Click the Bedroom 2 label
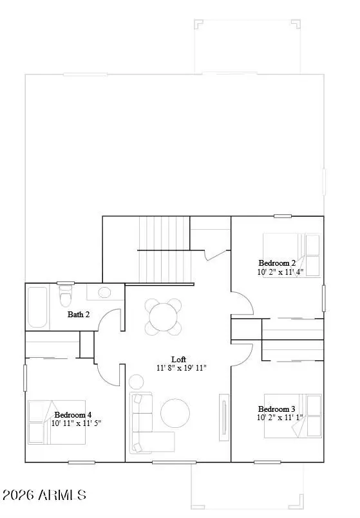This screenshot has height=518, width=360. pos(277,263)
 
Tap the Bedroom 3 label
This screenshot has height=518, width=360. pos(276,409)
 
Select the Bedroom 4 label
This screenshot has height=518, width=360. pos(73,414)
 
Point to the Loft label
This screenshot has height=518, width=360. pos(178,359)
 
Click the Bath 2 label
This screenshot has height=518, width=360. pos(79,315)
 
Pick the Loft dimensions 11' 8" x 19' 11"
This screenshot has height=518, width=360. pos(181,368)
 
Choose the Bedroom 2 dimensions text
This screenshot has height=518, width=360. pos(280,272)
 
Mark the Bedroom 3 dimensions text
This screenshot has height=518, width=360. pos(279,418)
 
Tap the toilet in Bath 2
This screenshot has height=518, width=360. pos(65,299)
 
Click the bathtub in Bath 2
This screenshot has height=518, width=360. pos(38,307)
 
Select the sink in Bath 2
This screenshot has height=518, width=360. pos(103,293)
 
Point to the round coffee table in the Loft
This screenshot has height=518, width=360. pos(175,413)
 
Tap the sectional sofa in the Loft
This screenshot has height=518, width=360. pos(145,425)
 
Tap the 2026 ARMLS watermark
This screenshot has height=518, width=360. pos(44,495)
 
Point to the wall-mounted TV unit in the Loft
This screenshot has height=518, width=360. pos(224,419)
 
